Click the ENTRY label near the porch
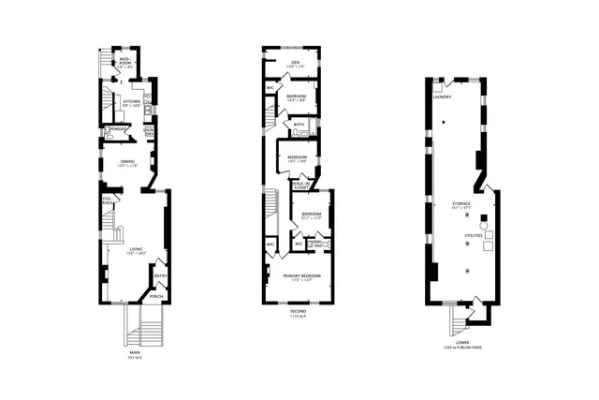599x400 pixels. pos(160,276)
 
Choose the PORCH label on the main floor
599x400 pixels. pos(156,296)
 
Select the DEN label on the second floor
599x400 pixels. pos(295,64)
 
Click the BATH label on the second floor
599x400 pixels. pos(299,124)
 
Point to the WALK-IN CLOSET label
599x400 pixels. pos(301,186)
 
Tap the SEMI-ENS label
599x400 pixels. pos(317,244)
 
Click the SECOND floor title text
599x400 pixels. pos(299,310)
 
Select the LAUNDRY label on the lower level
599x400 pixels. pos(443,96)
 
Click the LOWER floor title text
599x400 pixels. pos(462,342)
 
